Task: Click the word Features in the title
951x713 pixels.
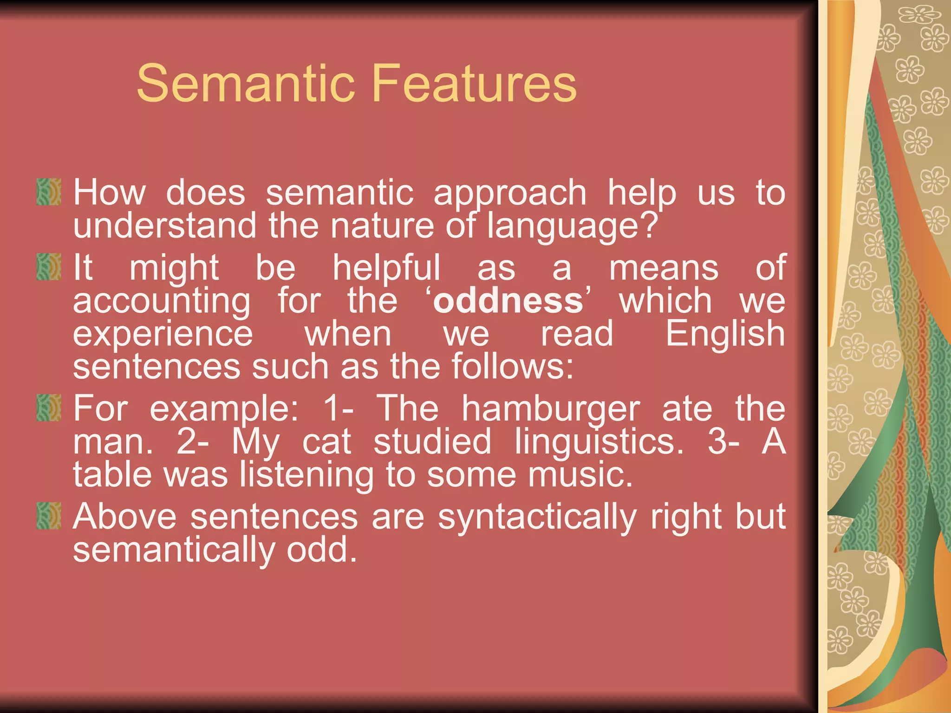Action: (x=474, y=84)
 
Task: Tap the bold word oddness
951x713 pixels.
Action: (x=508, y=301)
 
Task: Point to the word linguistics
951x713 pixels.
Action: (x=599, y=442)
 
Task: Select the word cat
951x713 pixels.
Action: (x=327, y=442)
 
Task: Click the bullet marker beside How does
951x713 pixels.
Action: (x=49, y=192)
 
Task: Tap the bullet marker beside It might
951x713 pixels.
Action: (x=49, y=267)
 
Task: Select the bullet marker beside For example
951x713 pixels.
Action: (x=49, y=408)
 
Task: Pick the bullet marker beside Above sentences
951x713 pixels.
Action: (x=49, y=516)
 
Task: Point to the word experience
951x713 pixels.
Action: (x=163, y=334)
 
